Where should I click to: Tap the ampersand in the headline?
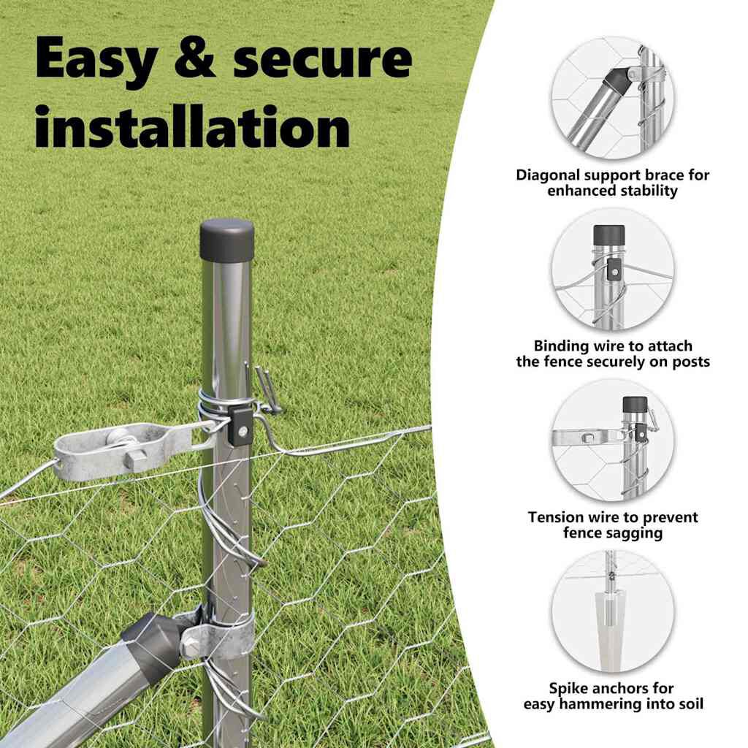click(194, 58)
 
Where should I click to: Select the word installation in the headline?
click(193, 127)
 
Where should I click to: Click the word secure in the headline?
click(322, 61)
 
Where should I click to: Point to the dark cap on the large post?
click(226, 240)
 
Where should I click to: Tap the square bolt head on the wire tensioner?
click(137, 459)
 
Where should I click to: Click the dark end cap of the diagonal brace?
click(153, 641)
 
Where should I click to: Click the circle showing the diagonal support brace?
click(613, 99)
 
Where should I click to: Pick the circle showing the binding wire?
click(613, 269)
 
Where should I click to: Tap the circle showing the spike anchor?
click(613, 611)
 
